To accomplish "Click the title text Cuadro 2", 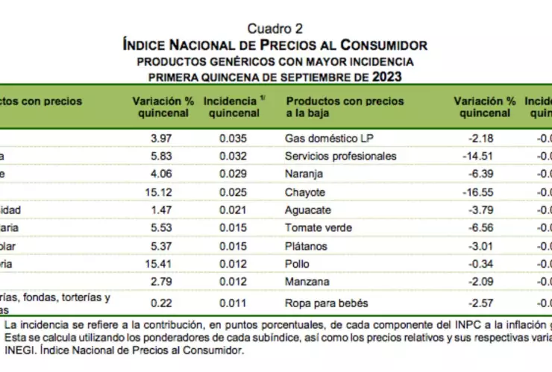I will click(x=275, y=29).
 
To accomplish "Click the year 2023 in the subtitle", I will click(x=387, y=77).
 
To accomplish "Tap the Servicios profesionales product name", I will click(x=341, y=157).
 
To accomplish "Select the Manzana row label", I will click(x=306, y=283).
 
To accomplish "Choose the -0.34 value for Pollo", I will click(x=496, y=265).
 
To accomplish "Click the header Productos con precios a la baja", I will click(x=345, y=107).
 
